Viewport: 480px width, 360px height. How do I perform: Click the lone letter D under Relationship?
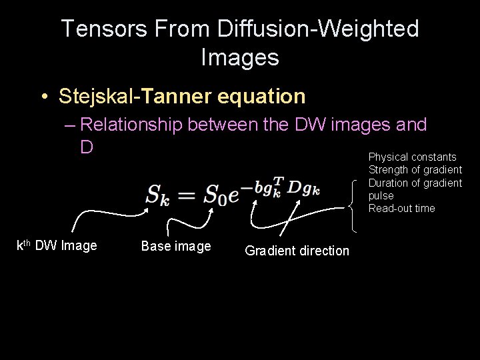click(87, 146)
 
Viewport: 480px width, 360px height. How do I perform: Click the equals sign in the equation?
click(188, 195)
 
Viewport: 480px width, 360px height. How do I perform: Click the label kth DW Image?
click(57, 245)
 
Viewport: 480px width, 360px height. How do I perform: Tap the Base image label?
click(176, 246)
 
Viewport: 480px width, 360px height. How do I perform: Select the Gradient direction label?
click(297, 251)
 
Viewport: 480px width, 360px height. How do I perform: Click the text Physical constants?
click(413, 157)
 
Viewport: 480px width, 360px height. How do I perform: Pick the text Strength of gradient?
click(415, 170)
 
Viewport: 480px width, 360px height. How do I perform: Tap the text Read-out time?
click(401, 209)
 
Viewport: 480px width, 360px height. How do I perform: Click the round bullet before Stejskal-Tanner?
click(43, 97)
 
